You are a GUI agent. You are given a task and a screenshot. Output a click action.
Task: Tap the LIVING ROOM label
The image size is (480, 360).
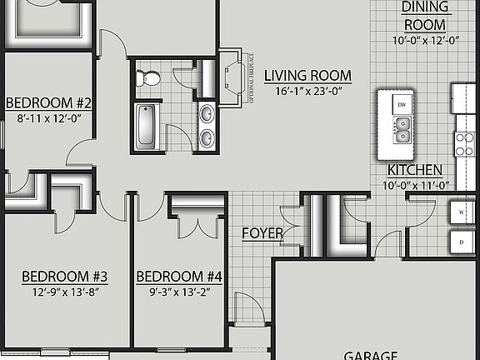tap(307, 76)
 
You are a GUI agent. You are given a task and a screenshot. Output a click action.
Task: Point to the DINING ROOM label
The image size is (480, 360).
tap(425, 15)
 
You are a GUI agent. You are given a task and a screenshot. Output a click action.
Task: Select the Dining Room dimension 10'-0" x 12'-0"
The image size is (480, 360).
tap(426, 39)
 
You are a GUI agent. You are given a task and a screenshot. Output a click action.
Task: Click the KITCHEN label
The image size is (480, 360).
tap(414, 170)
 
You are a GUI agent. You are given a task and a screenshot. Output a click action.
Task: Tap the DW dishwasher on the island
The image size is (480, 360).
tap(402, 104)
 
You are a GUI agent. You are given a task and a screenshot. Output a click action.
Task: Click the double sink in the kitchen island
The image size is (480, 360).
tap(402, 129)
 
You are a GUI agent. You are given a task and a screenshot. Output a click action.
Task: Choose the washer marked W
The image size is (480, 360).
tap(462, 212)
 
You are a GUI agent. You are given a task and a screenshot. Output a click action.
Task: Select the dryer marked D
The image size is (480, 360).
tap(462, 242)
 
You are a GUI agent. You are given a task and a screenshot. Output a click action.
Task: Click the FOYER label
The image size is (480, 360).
tap(262, 232)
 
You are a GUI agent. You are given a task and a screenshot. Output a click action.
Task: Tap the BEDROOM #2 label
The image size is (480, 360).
tap(48, 103)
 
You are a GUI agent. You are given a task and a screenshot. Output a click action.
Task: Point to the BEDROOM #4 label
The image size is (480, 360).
tap(180, 277)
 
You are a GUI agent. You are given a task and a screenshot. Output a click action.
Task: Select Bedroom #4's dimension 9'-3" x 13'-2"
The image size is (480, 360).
tap(180, 292)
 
